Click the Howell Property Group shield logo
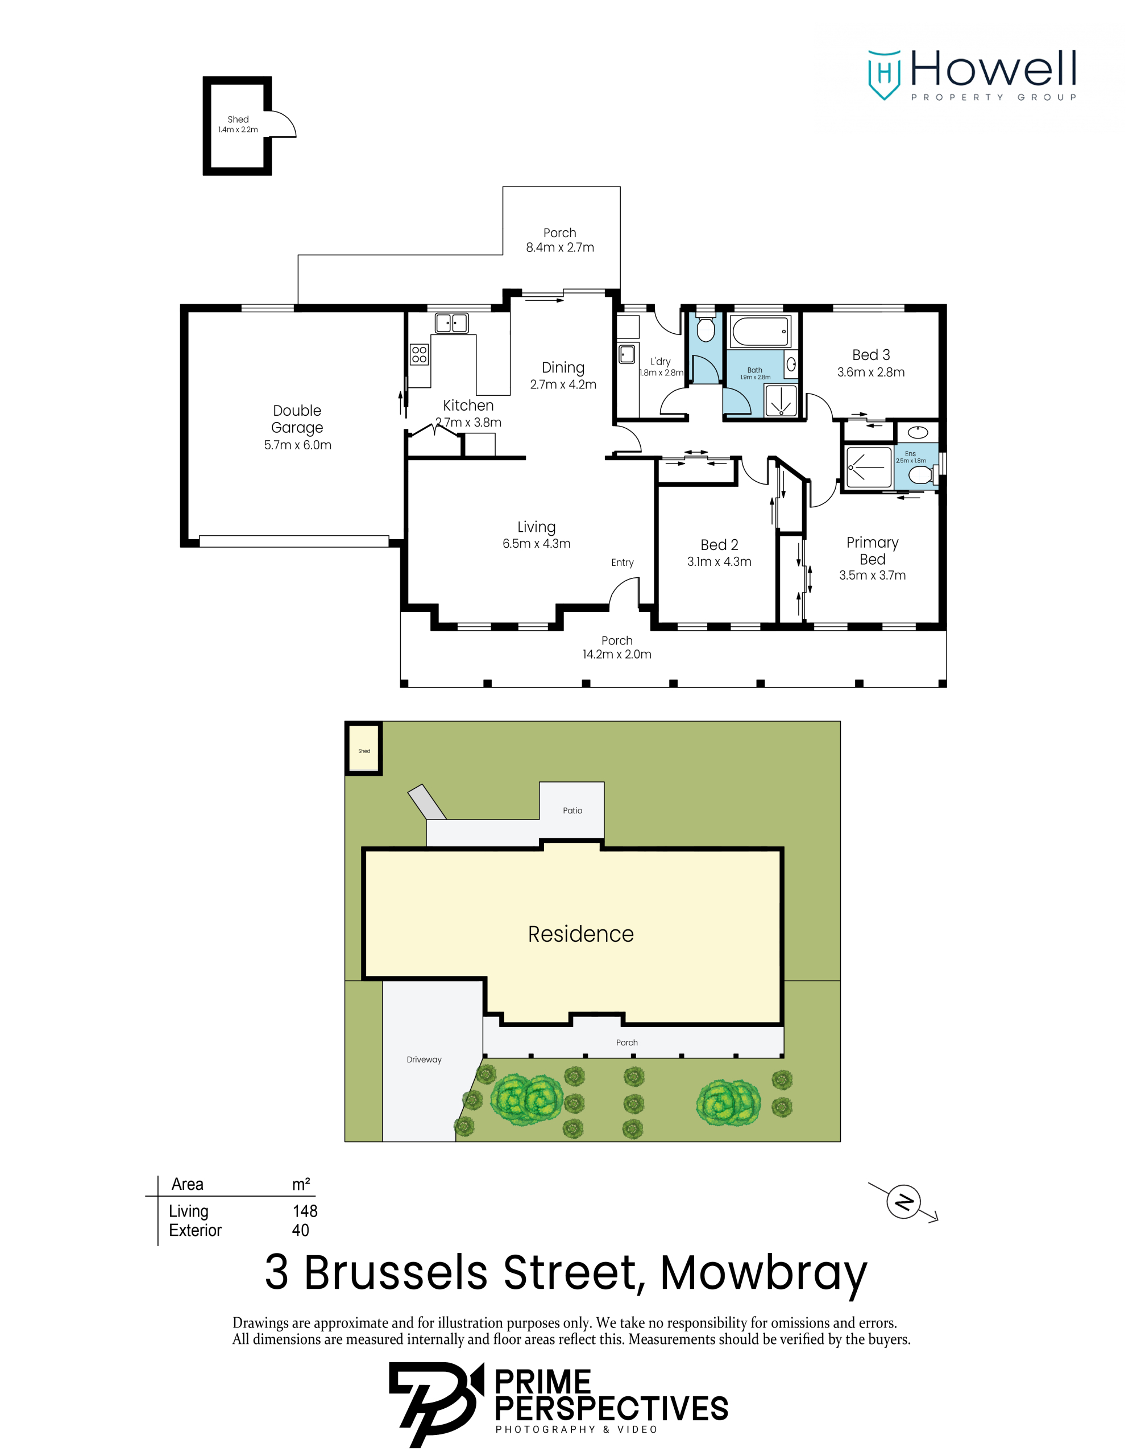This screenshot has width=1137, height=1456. (x=884, y=75)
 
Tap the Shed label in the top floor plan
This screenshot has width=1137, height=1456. (x=238, y=119)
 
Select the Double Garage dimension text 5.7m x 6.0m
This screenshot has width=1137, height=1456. (x=297, y=445)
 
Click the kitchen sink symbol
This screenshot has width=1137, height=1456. (x=451, y=323)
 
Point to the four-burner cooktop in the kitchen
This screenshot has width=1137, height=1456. (x=419, y=354)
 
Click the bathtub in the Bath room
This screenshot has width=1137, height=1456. (x=761, y=332)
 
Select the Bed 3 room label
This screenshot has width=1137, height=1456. (x=870, y=355)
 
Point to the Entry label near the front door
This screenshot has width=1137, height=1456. (x=622, y=562)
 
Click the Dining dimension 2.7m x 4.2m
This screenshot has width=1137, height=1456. (x=563, y=384)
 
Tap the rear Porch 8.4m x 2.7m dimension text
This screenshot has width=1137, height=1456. (x=560, y=247)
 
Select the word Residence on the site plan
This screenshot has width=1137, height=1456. (x=580, y=934)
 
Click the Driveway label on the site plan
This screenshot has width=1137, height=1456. (x=424, y=1060)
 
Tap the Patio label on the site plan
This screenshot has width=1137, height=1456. (x=572, y=810)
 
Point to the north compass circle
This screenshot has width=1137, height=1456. (x=903, y=1202)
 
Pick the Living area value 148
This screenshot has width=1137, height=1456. (x=305, y=1211)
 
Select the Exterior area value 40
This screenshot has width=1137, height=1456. (x=301, y=1230)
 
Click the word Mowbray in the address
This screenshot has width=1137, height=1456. (x=763, y=1273)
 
